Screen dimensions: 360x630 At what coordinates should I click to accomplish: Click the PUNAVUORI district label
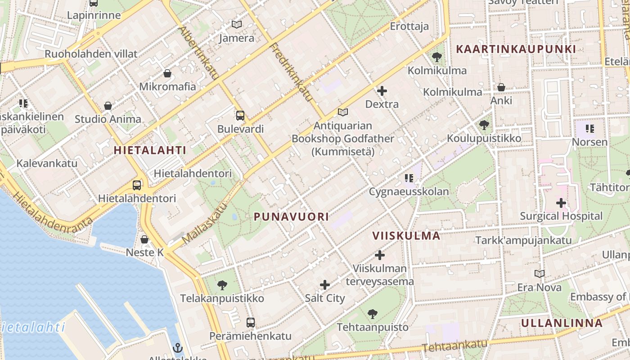tap(291, 217)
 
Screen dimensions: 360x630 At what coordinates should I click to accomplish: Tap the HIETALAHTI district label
tap(150, 150)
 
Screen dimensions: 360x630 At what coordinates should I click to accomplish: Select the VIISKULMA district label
tap(406, 236)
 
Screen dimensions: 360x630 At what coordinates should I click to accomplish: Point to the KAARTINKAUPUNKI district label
tap(516, 49)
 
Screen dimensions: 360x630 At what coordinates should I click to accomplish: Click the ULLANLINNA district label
tap(562, 323)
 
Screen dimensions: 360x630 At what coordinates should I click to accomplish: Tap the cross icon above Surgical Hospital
tap(561, 203)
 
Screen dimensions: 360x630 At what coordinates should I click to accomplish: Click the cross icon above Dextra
tap(382, 91)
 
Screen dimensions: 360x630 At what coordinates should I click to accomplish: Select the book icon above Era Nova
tap(539, 274)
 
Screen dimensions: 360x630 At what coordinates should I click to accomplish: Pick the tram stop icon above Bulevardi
tap(240, 115)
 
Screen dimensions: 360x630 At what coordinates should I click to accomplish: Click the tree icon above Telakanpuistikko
tap(222, 285)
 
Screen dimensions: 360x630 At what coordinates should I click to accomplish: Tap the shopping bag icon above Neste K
tap(144, 239)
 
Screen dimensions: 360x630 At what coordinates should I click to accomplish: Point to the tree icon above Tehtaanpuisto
tap(372, 314)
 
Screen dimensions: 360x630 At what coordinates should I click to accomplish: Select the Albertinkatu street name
tap(198, 53)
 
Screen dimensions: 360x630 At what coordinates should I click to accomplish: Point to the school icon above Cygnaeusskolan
tap(409, 178)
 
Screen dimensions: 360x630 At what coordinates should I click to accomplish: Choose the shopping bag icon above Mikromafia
tap(167, 73)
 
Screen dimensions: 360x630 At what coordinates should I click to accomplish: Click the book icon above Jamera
tap(236, 24)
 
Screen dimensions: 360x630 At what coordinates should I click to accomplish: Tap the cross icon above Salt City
tap(324, 285)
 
